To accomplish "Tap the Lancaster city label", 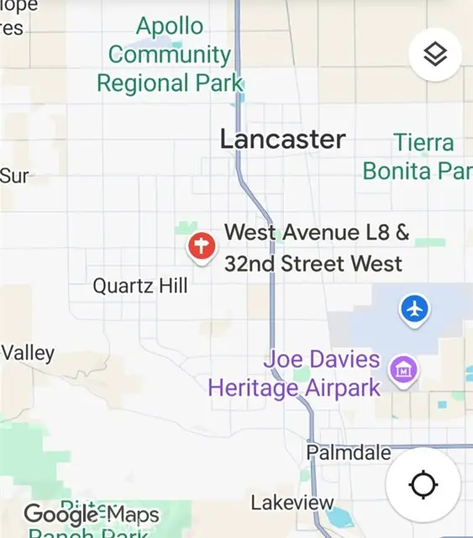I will [282, 140].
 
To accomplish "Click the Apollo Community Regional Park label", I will [170, 55].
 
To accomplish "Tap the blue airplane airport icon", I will [414, 309].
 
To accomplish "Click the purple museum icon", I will [404, 367].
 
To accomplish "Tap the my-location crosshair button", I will [423, 485].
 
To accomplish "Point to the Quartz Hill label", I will [140, 286].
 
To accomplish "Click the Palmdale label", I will [349, 452].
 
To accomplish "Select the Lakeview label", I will [292, 503].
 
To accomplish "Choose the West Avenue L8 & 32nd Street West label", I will [315, 248].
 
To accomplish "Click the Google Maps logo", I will [91, 514].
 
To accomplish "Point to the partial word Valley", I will [28, 353].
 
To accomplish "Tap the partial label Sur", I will [15, 176].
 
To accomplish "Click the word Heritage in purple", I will [253, 388].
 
